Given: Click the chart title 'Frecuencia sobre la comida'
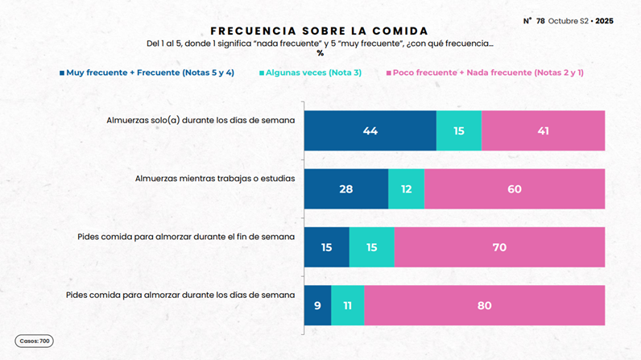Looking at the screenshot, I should [320, 31].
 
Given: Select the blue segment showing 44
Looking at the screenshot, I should [370, 130].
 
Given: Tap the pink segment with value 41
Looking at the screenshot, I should [543, 130].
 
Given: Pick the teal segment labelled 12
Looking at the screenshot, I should [406, 189].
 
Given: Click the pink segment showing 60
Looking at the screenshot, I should [515, 189].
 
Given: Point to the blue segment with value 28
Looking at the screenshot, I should [346, 189].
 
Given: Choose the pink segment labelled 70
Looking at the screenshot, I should [499, 247].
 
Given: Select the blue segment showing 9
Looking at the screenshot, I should [317, 305].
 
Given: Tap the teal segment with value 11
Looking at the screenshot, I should [347, 305].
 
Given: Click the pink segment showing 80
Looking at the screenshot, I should [484, 305].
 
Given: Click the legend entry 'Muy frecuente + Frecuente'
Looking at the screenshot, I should [150, 72].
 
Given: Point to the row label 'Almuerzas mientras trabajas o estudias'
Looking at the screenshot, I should [215, 178].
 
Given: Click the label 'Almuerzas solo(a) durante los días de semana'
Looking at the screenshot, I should [201, 120].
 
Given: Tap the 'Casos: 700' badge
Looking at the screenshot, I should [34, 341].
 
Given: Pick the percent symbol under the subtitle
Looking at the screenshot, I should [320, 53].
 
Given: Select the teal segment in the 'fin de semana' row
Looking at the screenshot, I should [371, 247].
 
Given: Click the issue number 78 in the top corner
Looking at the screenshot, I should [540, 21].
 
